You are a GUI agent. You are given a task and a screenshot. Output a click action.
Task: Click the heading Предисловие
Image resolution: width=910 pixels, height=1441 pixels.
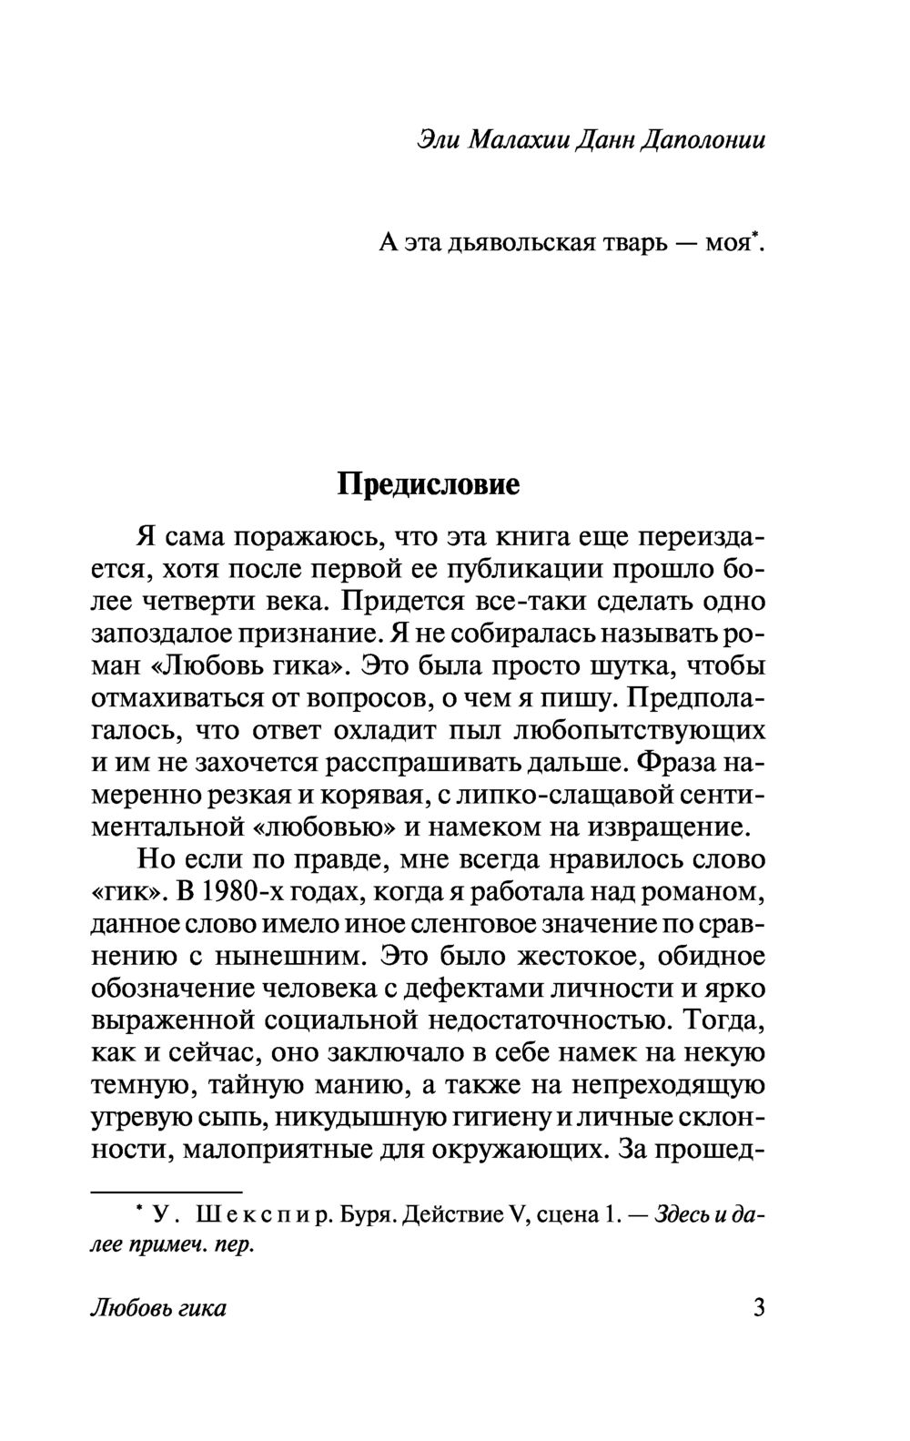pyautogui.click(x=428, y=483)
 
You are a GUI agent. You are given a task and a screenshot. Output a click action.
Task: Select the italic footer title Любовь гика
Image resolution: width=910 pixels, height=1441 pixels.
pyautogui.click(x=158, y=1309)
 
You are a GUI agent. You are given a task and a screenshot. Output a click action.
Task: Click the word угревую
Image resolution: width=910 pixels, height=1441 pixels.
pyautogui.click(x=155, y=1118)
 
